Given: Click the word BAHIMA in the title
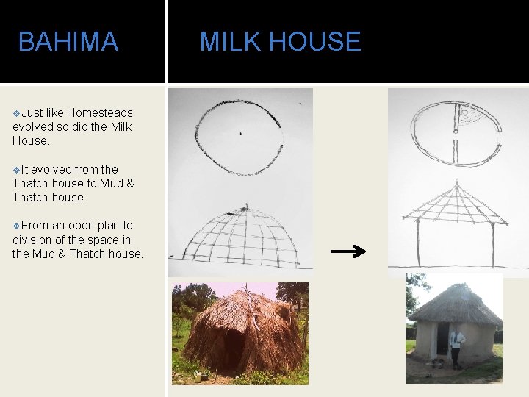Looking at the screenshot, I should click(68, 42).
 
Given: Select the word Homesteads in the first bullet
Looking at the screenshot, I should click(99, 112).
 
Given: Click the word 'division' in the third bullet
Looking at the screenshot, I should click(33, 240).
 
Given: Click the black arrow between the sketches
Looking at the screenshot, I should click(348, 252).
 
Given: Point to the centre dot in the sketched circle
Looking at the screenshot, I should click(240, 134).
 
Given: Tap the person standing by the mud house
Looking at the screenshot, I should click(457, 346).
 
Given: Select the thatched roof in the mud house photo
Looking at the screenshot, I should click(456, 303).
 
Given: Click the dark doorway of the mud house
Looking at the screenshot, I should click(442, 340).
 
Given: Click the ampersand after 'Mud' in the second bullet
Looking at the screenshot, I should click(129, 184).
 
